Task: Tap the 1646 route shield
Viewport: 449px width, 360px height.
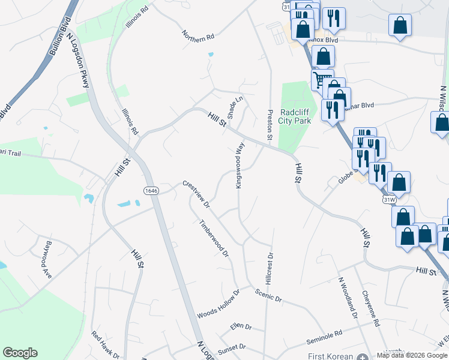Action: click(x=151, y=190)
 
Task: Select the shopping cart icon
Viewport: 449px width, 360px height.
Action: click(x=322, y=79)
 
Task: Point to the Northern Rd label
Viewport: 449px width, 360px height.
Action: click(x=199, y=37)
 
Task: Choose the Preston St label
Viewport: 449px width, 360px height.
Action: click(x=270, y=125)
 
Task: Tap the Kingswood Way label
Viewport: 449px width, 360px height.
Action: click(x=240, y=170)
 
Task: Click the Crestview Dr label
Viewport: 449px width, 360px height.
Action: click(x=196, y=194)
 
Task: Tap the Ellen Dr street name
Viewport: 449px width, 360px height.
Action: click(x=240, y=326)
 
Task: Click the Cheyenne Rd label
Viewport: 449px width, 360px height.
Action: click(x=371, y=308)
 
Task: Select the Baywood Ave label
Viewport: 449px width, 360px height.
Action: click(x=44, y=258)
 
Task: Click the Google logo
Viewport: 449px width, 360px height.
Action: click(x=20, y=353)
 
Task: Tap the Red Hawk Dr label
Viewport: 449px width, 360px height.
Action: click(x=106, y=345)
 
